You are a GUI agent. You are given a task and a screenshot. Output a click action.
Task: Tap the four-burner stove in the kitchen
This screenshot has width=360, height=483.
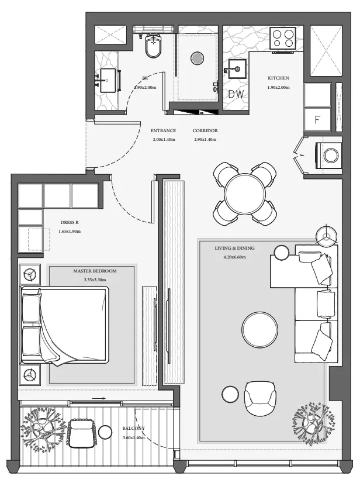point(283,38)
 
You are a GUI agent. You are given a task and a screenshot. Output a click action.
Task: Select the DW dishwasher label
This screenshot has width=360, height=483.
point(236,94)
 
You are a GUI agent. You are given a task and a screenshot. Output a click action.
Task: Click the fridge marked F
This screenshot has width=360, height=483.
point(317,119)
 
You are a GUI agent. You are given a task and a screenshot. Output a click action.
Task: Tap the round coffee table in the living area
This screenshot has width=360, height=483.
point(260,329)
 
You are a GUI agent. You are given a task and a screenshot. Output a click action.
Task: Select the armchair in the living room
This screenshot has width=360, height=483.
point(259,399)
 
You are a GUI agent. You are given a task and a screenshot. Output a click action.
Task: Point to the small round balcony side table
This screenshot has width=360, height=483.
point(105,432)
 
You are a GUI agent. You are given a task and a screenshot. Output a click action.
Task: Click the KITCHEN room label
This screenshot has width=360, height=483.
point(278,78)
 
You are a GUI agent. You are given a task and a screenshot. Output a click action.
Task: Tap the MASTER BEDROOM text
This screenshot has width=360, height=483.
point(95,271)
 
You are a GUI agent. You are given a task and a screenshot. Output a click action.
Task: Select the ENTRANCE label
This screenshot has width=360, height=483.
point(163,130)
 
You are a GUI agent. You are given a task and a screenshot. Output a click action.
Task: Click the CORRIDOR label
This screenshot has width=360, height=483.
point(205,130)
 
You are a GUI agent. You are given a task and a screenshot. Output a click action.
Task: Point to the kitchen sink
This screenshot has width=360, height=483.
point(236,69)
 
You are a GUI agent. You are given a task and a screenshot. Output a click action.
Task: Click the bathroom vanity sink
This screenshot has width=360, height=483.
point(107,80)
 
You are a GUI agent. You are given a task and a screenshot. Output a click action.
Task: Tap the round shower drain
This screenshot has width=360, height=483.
point(197,58)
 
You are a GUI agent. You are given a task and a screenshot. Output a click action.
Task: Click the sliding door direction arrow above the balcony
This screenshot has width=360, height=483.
point(99,398)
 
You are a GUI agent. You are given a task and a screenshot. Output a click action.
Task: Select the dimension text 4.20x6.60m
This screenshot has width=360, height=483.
point(235,257)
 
